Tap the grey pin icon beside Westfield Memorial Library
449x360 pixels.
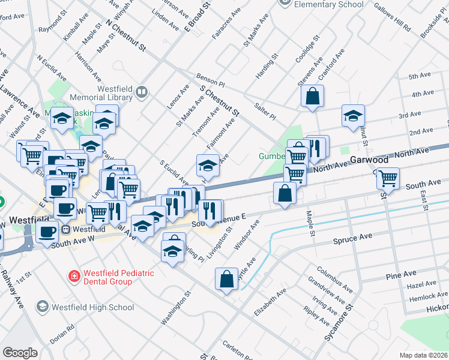tap(142, 92)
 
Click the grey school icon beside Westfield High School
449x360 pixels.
tap(43, 307)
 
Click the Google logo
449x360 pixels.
tap(19, 353)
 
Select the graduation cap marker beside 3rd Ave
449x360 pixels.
tap(353, 116)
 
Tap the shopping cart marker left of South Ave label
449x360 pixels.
tap(388, 178)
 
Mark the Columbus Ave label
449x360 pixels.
tap(332, 278)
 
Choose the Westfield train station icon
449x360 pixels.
tap(66, 229)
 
